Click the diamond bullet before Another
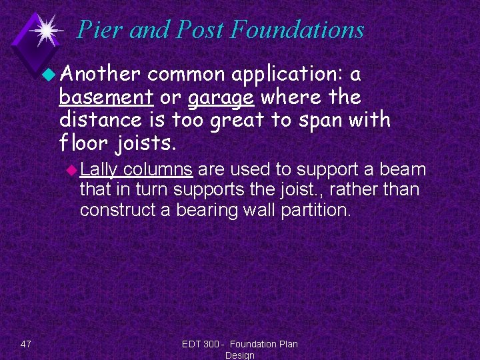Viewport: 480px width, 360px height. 52,74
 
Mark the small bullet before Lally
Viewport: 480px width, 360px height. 72,170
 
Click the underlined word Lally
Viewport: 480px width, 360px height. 99,170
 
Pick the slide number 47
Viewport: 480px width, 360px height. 26,344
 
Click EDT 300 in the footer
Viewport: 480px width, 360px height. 202,344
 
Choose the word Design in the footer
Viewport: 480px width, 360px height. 239,355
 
